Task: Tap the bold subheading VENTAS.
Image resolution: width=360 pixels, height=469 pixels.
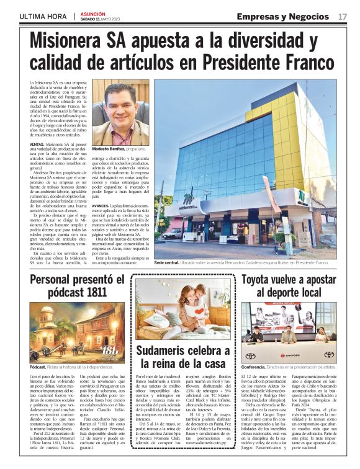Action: click(x=37, y=143)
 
